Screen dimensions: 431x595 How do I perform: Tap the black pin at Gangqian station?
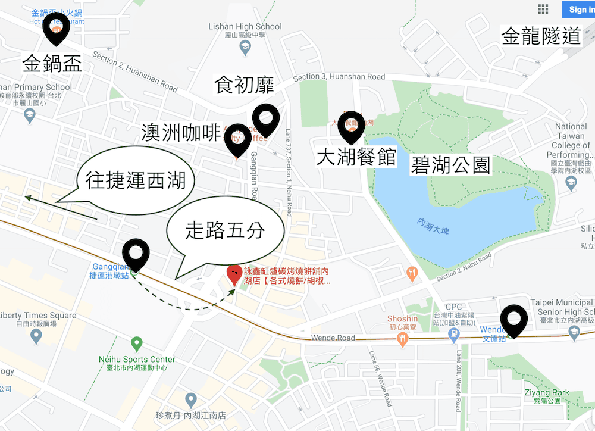136,255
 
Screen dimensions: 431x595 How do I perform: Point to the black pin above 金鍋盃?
56,29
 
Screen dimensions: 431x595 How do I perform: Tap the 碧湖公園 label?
450,165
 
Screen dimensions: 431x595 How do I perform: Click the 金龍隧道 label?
541,36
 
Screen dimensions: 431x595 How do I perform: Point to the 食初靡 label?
244,85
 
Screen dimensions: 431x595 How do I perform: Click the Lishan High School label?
245,27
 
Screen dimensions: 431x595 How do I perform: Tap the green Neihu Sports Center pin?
137,343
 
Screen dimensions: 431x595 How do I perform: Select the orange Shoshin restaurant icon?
403,339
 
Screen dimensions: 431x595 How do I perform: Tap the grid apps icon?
543,9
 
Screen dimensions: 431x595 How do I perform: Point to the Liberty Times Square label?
38,316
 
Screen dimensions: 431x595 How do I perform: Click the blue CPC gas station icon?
454,335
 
